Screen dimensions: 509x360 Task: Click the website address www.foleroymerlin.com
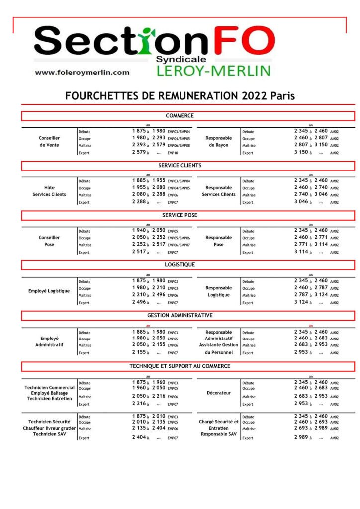[82, 72]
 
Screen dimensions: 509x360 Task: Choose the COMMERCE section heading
[180, 116]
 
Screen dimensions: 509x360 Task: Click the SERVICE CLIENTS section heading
[180, 166]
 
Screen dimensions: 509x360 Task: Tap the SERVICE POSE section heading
[180, 215]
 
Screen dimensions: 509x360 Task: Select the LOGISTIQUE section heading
[180, 265]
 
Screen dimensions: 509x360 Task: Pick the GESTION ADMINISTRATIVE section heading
[180, 315]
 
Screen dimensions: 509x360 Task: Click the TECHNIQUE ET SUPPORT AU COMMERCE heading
[180, 366]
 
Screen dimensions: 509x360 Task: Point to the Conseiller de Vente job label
[49, 141]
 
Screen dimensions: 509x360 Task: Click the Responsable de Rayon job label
[218, 141]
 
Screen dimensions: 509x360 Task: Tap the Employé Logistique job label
[49, 291]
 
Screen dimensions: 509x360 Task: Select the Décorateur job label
[218, 393]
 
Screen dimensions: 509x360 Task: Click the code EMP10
[173, 153]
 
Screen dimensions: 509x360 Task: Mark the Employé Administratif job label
[49, 341]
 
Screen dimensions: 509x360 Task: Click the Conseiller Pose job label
[49, 241]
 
